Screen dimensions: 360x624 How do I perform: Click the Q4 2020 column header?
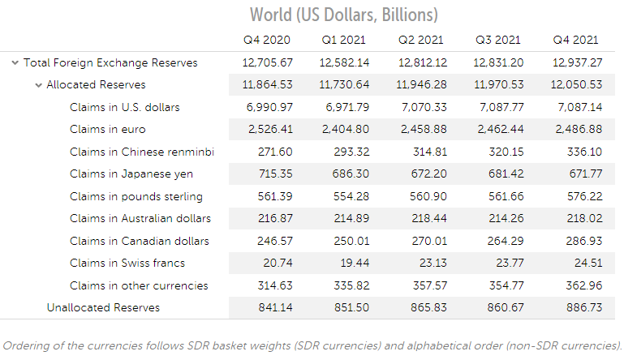pyautogui.click(x=267, y=40)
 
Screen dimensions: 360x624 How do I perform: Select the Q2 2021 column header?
pyautogui.click(x=420, y=40)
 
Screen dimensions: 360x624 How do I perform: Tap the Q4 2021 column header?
pyautogui.click(x=575, y=40)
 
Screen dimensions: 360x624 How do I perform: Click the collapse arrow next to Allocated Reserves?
pyautogui.click(x=38, y=85)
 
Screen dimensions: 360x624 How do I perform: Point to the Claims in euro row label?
pyautogui.click(x=107, y=129)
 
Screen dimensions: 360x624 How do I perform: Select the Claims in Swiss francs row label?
pyautogui.click(x=127, y=263)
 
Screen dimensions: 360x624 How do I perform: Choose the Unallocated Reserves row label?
pyautogui.click(x=103, y=307)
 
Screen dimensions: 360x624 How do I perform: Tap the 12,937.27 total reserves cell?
pyautogui.click(x=575, y=62)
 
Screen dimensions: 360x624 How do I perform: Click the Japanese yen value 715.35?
pyautogui.click(x=273, y=174)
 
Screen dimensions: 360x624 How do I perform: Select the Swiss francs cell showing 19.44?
pyautogui.click(x=351, y=263)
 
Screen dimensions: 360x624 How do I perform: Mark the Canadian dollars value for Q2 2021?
pyautogui.click(x=427, y=241)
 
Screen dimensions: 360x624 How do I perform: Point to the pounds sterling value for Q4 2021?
pyautogui.click(x=582, y=196)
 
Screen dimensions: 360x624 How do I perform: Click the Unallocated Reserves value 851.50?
pyautogui.click(x=349, y=307)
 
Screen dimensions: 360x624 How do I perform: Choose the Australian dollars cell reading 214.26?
pyautogui.click(x=505, y=218)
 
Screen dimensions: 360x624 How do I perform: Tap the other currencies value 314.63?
pyautogui.click(x=273, y=285)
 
